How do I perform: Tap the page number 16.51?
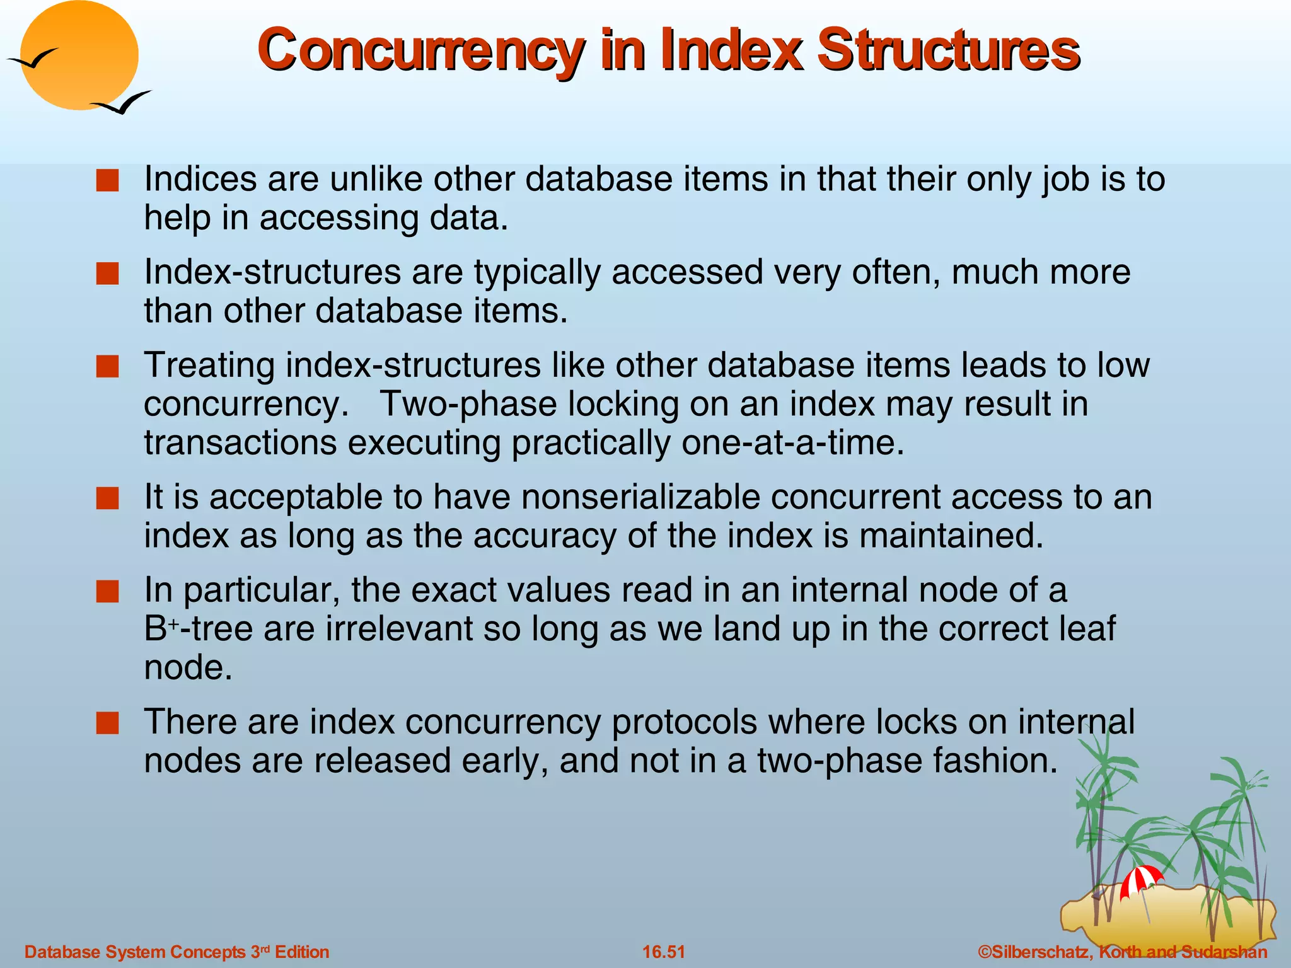tap(663, 952)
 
